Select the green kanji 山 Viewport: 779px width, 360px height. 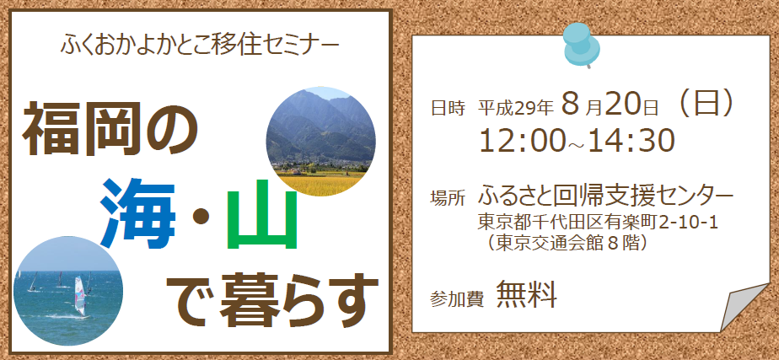(261, 214)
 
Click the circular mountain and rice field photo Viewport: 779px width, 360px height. (320, 142)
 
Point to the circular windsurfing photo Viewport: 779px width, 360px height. (68, 291)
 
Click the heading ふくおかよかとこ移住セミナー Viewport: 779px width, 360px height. (200, 46)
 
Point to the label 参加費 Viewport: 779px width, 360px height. (457, 300)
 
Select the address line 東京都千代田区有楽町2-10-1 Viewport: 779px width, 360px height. (598, 222)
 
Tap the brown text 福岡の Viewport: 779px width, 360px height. (110, 128)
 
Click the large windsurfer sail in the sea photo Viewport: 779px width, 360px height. (79, 295)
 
